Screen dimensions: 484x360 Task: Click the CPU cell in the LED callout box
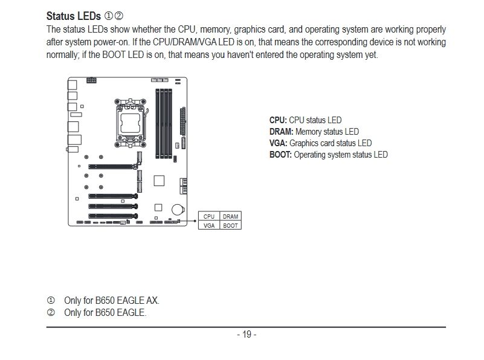[209, 216]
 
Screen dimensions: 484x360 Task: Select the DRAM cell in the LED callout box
[230, 216]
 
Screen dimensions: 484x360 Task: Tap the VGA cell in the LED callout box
[209, 225]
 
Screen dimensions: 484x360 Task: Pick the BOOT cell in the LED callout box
[230, 225]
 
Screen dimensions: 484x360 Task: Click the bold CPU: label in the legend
[278, 120]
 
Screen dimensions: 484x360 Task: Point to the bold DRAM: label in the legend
[281, 132]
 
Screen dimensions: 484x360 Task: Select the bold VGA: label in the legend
[278, 143]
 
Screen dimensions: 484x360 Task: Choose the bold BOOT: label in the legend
[280, 155]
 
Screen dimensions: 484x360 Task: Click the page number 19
[247, 335]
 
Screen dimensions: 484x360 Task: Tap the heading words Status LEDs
[74, 16]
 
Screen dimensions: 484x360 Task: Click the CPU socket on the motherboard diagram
[131, 123]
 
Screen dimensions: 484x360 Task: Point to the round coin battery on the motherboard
[178, 210]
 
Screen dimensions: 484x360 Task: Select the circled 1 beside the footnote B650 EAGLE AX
[51, 300]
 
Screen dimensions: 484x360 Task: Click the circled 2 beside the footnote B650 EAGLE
[51, 312]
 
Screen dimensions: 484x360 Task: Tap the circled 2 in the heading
[118, 16]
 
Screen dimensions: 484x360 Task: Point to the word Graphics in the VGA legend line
[303, 143]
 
